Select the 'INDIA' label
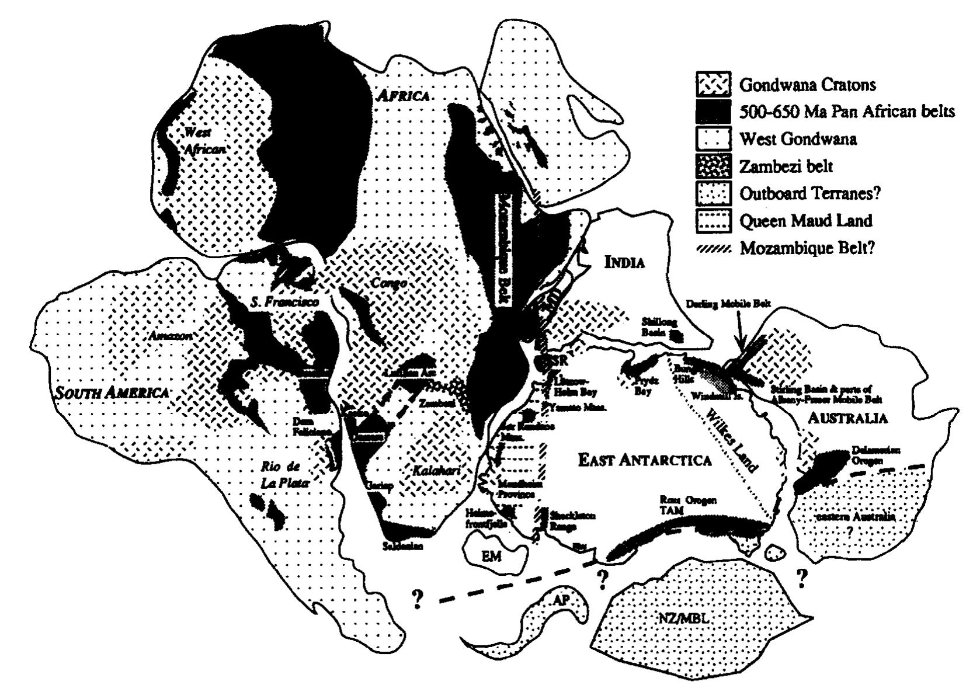click(x=624, y=262)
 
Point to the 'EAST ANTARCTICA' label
click(x=645, y=460)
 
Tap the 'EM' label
click(x=491, y=557)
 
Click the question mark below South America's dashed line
click(x=417, y=600)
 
